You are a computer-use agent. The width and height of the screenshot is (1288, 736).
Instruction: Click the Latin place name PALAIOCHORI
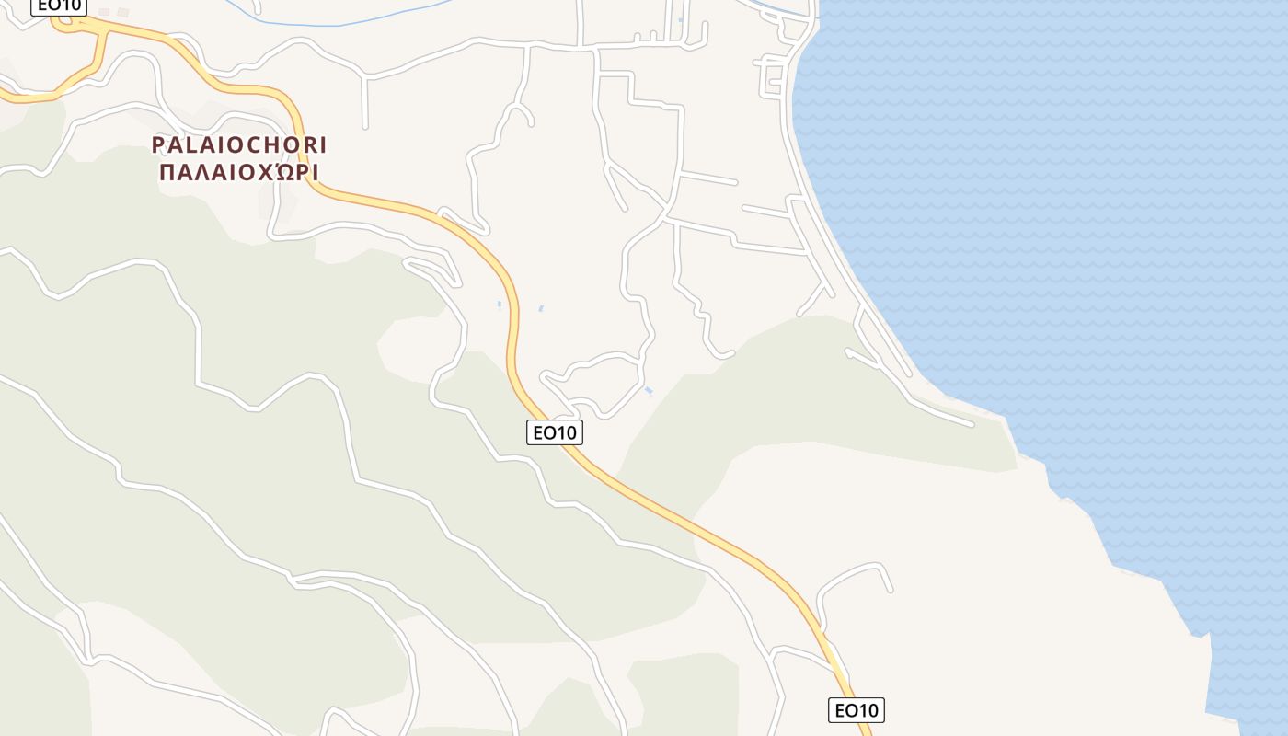click(x=239, y=145)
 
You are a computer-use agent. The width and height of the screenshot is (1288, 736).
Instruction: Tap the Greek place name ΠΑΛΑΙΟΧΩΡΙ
click(x=239, y=172)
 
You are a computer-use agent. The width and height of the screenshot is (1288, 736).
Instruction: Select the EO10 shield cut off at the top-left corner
click(x=59, y=6)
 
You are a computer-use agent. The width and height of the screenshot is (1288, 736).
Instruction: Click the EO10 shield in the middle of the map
click(x=555, y=432)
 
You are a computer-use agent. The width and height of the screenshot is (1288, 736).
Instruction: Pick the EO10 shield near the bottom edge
click(x=856, y=710)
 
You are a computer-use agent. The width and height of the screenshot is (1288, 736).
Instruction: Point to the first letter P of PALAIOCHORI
click(x=158, y=145)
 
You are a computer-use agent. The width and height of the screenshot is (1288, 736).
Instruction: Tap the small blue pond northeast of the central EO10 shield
click(x=650, y=392)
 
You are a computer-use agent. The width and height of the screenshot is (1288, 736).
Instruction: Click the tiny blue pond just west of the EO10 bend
click(x=500, y=305)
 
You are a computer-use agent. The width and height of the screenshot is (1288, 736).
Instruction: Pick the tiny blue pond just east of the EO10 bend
click(x=540, y=309)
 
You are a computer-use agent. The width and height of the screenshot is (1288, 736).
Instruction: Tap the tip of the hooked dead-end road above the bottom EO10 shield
click(x=891, y=590)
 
